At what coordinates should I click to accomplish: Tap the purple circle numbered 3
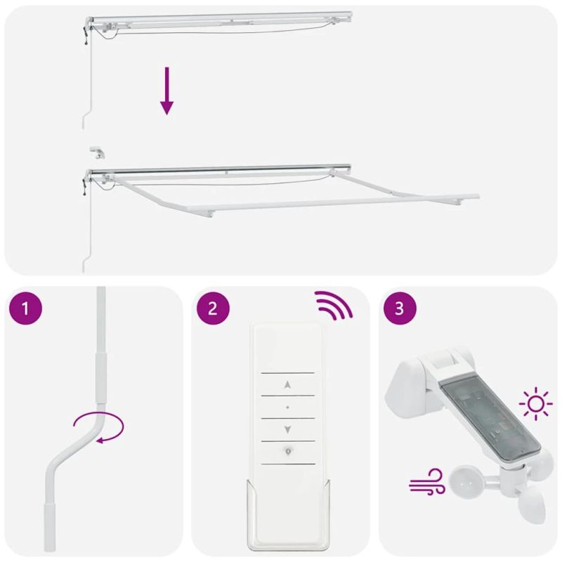(x=400, y=310)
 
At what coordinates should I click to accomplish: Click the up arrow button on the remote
(x=287, y=384)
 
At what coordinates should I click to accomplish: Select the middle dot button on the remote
(x=287, y=407)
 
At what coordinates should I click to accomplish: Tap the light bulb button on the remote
(x=287, y=452)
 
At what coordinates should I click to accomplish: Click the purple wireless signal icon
(x=333, y=306)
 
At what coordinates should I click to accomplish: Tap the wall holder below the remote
(x=287, y=514)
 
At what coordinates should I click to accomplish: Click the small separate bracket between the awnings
(x=97, y=152)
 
